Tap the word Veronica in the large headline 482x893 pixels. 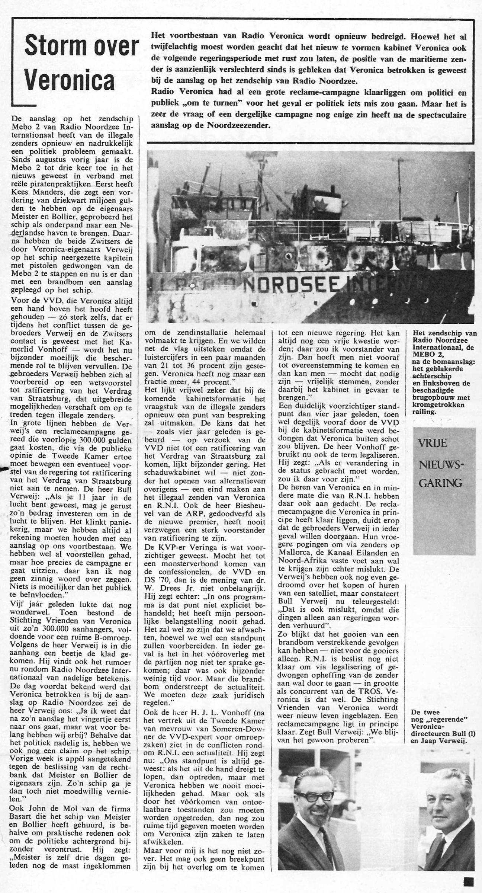[x=70, y=81]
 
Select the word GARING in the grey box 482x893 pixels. [x=435, y=483]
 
